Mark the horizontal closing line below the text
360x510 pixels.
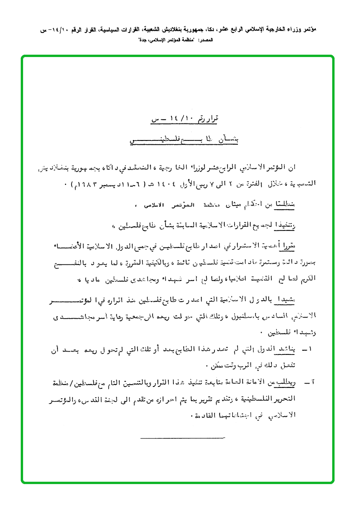[183, 438]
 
